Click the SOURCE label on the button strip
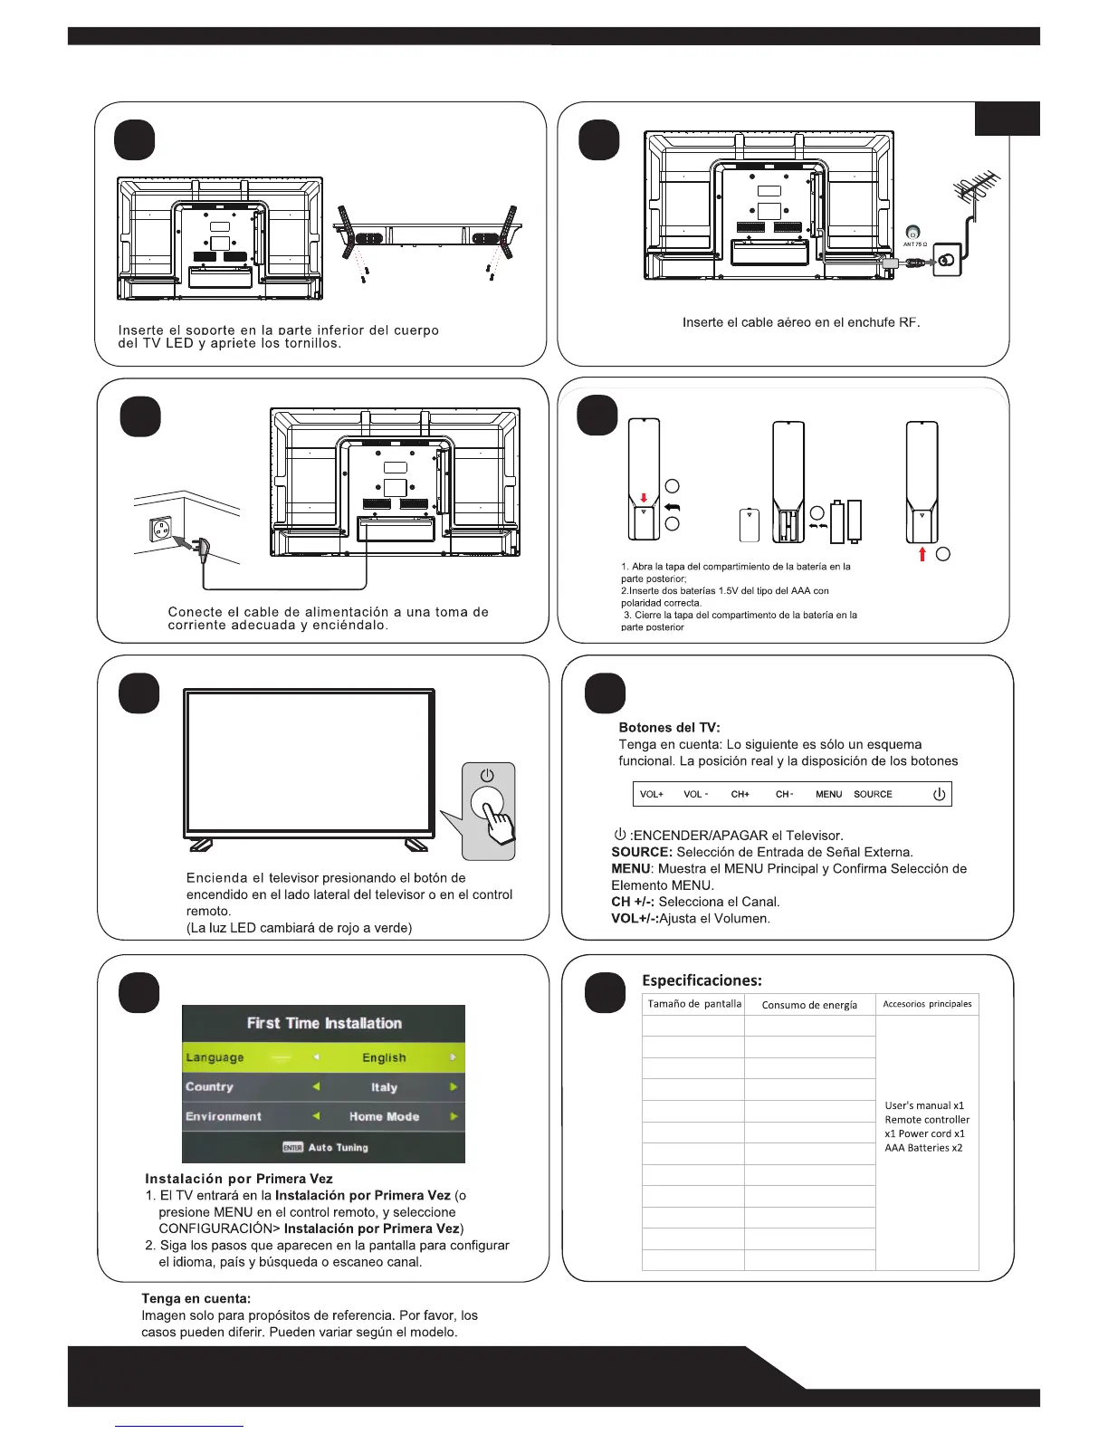coord(873,794)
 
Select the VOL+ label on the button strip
coord(652,794)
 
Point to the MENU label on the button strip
coord(828,794)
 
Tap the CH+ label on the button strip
coord(740,794)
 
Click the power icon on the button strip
coord(939,794)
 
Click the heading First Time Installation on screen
coord(324,1023)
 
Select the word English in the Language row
coord(384,1057)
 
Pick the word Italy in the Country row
coord(384,1087)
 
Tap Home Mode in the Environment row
coord(384,1116)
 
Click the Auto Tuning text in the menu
coord(338,1147)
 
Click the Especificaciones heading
coord(702,980)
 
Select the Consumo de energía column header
coord(809,1005)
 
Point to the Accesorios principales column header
coord(927,1004)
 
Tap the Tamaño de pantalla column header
coord(694,1004)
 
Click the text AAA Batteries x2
coord(923,1148)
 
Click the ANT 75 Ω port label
coord(914,244)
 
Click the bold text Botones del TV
coord(669,728)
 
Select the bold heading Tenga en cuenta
coord(196,1298)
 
